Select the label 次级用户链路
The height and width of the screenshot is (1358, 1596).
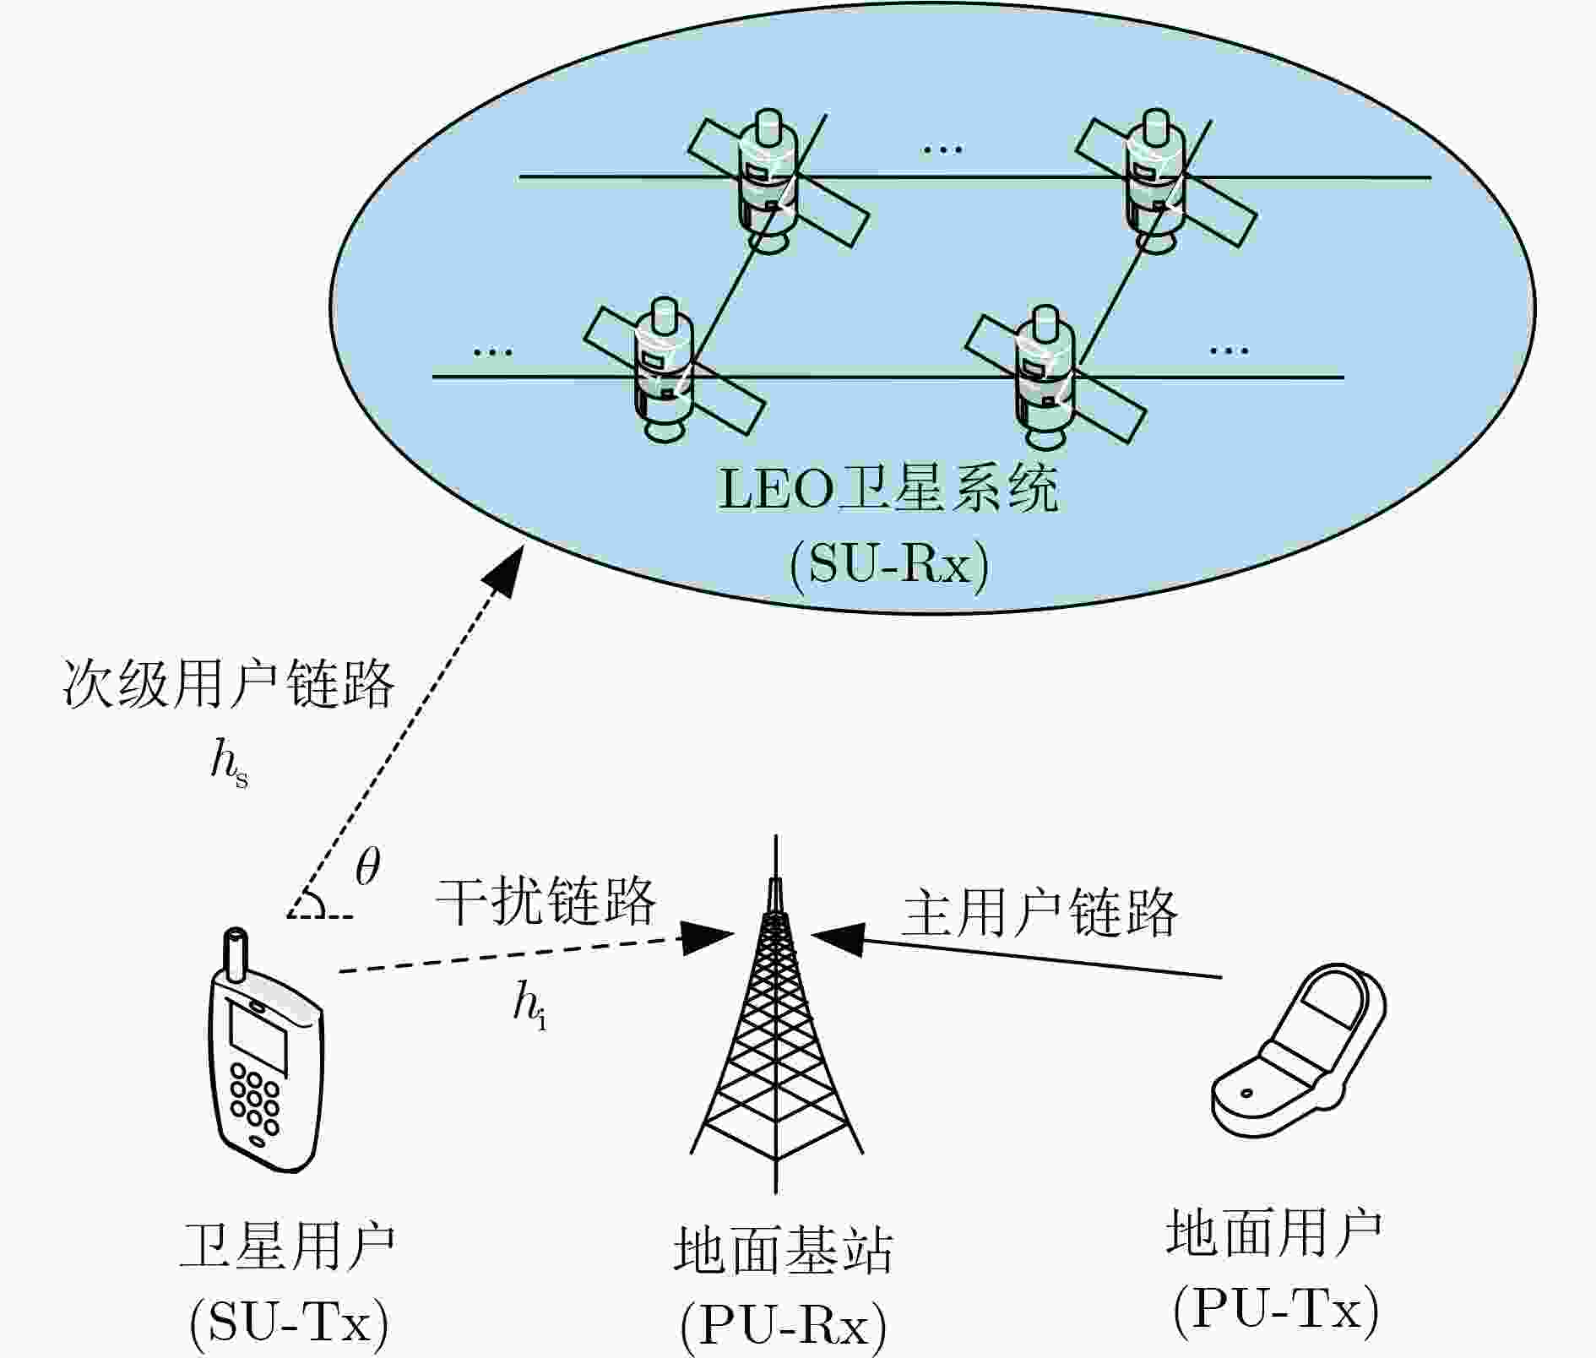pos(229,682)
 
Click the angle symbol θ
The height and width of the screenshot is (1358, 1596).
pos(367,866)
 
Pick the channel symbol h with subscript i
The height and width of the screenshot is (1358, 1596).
pos(529,1007)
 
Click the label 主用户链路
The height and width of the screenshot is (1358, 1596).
pos(1040,912)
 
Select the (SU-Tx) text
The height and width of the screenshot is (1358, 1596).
pos(289,1323)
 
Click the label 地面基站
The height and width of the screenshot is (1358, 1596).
pos(783,1251)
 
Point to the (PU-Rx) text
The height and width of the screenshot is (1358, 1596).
pos(783,1326)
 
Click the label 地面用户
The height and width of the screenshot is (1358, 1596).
pos(1274,1233)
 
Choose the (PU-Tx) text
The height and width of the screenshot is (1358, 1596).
pos(1275,1310)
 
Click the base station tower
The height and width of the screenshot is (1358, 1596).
pos(776,1013)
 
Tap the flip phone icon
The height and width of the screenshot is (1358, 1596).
pos(1300,1052)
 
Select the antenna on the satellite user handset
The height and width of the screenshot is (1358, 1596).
pos(236,954)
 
